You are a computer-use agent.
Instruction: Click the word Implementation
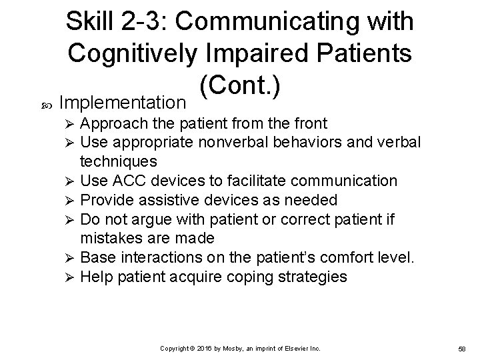point(122,103)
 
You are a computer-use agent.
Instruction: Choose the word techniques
point(119,162)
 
